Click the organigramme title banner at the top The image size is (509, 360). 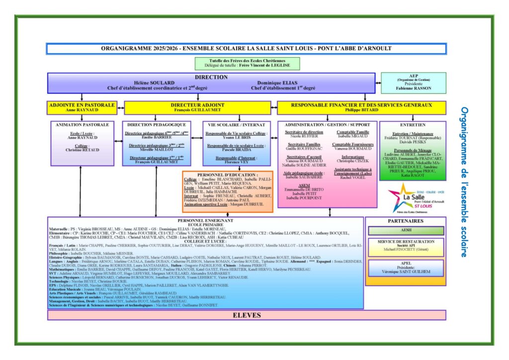246,49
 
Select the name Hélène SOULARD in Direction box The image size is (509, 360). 155,83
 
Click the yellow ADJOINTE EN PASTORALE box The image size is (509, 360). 83,107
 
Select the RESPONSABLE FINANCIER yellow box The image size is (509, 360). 361,107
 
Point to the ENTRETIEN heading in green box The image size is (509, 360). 412,125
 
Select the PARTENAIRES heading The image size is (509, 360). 406,221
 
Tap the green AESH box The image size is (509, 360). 406,231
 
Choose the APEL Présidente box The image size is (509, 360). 406,268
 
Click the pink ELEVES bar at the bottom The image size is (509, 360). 247,315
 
